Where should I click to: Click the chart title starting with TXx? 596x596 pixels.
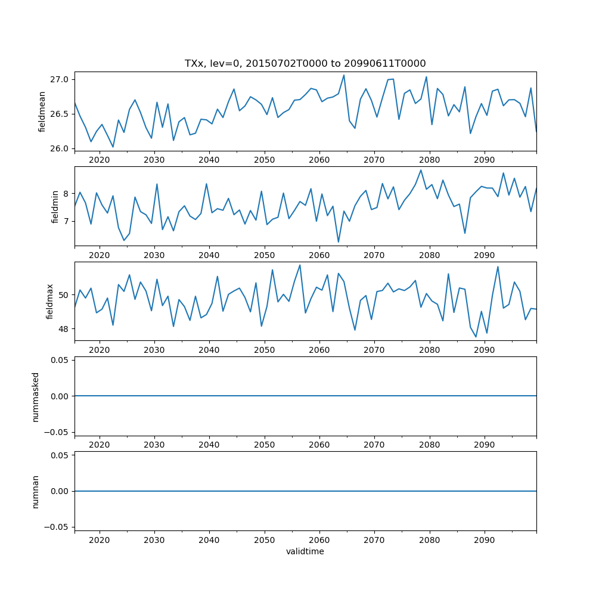click(x=305, y=63)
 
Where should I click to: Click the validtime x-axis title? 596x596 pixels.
click(x=305, y=551)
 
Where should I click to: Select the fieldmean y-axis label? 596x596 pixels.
click(x=42, y=111)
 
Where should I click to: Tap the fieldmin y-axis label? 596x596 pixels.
click(x=55, y=207)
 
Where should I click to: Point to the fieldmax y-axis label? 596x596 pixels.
click(x=50, y=302)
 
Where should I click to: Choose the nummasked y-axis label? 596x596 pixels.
click(x=35, y=396)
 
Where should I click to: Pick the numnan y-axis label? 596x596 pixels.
click(x=35, y=491)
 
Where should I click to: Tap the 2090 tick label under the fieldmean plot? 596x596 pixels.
click(x=485, y=160)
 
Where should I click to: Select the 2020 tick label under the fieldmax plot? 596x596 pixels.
click(x=100, y=350)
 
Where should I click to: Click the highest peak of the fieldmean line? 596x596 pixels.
click(x=344, y=75)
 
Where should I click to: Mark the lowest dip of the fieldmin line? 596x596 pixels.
click(x=339, y=242)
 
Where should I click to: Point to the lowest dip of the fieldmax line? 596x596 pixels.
click(x=476, y=337)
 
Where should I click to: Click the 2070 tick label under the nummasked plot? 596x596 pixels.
click(x=374, y=445)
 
